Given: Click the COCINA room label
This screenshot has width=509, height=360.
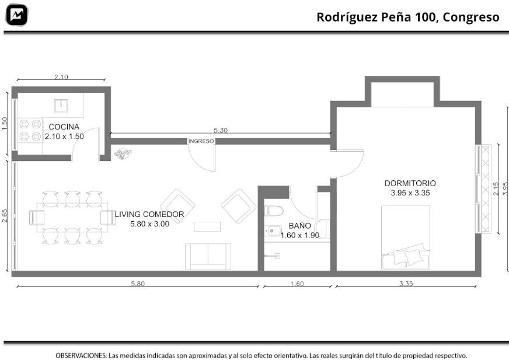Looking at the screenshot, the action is (64, 127).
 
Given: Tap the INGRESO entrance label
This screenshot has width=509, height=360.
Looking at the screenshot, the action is (201, 141).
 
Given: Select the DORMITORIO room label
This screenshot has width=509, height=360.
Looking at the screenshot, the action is (410, 183).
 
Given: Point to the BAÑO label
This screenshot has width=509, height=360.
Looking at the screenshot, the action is (299, 225).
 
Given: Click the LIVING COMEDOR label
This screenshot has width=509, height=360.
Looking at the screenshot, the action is (149, 214).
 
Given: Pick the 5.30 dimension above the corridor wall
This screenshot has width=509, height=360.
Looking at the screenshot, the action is (221, 131).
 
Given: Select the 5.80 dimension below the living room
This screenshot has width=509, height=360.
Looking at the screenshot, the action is (138, 284).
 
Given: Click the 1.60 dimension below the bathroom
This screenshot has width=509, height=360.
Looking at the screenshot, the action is (297, 284).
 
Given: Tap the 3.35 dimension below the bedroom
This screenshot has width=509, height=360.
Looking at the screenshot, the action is (406, 284).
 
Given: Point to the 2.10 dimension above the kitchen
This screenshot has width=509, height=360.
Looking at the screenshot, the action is (61, 77).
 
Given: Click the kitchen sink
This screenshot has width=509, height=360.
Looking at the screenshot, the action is (61, 106).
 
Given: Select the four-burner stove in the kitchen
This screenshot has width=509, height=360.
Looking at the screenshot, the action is (30, 131).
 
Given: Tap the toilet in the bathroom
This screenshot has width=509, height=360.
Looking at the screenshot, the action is (274, 211).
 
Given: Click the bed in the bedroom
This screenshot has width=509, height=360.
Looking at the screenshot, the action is (406, 237).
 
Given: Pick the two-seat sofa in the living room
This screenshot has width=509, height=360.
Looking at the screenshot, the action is (208, 257).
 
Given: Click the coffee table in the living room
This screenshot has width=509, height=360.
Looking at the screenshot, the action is (207, 226).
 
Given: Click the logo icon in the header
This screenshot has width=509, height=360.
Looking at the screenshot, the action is (17, 15).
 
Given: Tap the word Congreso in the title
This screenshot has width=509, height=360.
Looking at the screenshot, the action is (470, 17).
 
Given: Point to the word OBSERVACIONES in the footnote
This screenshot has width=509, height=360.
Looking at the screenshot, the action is (81, 355).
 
